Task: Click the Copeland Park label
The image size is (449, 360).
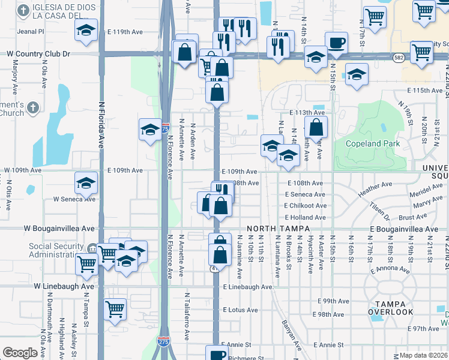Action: click(373, 144)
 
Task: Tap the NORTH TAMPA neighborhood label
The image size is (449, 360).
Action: click(278, 229)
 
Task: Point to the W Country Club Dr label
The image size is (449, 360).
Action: click(38, 53)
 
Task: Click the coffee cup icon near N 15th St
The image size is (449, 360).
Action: click(336, 43)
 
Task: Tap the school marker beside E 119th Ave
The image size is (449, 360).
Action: click(86, 29)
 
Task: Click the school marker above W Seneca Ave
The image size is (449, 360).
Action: click(86, 183)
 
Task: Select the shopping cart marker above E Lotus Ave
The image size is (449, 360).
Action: click(115, 309)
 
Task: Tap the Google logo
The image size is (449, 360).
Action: click(20, 353)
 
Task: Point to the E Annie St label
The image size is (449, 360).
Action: click(328, 345)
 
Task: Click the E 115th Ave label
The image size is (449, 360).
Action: click(424, 90)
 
